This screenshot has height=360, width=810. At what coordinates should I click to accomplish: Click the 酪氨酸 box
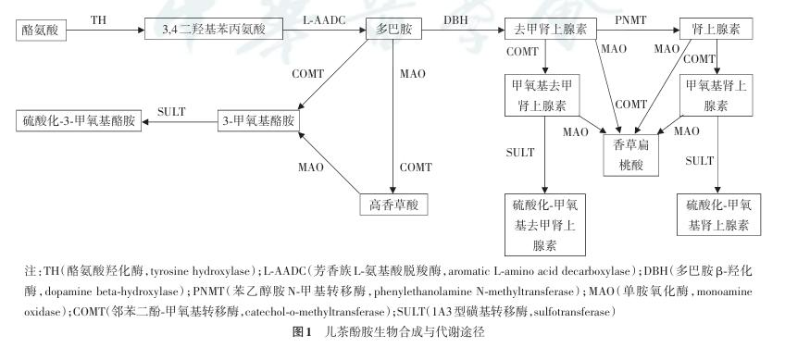(x=41, y=31)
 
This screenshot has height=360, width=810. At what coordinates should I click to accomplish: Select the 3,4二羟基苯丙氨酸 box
(x=213, y=29)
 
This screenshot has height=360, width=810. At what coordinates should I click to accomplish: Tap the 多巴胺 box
(x=393, y=29)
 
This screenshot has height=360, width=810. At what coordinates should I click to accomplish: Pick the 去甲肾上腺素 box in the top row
(x=550, y=29)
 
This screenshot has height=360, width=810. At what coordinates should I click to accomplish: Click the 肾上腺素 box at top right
(x=716, y=29)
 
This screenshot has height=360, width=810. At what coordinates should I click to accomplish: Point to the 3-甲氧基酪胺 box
(x=258, y=121)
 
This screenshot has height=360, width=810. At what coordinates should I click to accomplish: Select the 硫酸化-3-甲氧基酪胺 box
(x=79, y=121)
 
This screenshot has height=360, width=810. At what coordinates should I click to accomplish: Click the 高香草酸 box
(x=393, y=205)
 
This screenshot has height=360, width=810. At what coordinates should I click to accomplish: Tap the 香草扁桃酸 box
(x=630, y=155)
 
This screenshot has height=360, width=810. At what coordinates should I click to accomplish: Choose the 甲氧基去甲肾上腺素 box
(x=542, y=95)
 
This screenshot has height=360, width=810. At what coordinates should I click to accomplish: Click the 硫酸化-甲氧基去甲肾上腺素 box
(x=545, y=225)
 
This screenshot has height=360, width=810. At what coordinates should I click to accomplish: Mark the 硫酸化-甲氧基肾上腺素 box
(x=718, y=215)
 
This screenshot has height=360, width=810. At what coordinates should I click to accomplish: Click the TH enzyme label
(x=99, y=20)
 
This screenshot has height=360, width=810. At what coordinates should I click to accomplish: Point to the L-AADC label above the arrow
(x=324, y=20)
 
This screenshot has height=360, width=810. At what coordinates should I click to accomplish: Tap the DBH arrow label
(x=456, y=20)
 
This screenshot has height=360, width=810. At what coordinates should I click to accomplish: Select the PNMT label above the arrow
(x=630, y=20)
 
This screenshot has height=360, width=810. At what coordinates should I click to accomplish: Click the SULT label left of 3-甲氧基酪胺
(x=171, y=112)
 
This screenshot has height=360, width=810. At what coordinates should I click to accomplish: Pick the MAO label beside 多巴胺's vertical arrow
(x=413, y=74)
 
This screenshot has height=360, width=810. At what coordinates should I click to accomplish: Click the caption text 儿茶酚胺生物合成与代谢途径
(x=405, y=331)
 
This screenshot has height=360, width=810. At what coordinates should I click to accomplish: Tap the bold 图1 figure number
(x=302, y=331)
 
